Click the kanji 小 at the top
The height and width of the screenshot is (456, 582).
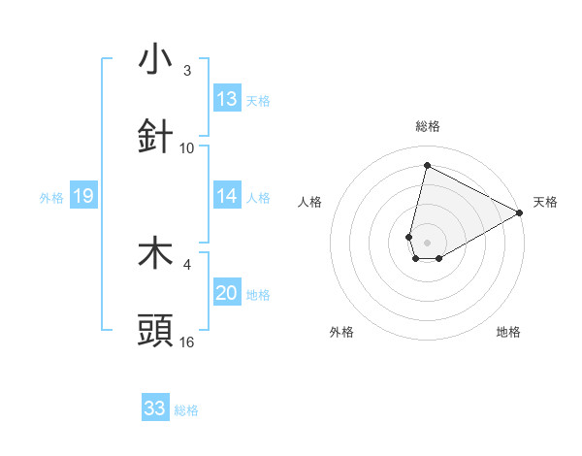tap(156, 60)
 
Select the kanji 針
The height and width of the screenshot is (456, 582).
tap(156, 137)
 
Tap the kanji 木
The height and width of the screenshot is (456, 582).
tap(156, 253)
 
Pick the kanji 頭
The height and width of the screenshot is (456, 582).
tap(156, 331)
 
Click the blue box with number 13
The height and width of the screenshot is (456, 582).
tap(227, 99)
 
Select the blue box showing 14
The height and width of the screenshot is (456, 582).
tap(227, 196)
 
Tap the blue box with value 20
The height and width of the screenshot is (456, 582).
tap(227, 293)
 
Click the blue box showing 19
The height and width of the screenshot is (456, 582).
tap(82, 196)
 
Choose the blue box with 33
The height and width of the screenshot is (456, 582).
tap(155, 408)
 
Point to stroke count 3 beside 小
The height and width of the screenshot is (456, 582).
tap(187, 71)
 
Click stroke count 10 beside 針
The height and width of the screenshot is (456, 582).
tap(187, 148)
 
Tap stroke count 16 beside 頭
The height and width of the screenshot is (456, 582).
tap(187, 342)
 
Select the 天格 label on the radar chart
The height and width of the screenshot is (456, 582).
tap(545, 202)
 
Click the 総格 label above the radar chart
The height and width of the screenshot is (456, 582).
tap(428, 126)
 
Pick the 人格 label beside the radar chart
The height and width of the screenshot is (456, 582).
tap(310, 202)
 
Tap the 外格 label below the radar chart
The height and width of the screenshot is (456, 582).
tap(341, 332)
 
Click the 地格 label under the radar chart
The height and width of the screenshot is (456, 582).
tap(509, 332)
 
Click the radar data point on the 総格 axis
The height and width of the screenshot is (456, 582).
tap(427, 164)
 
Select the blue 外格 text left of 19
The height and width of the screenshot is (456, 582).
tap(51, 197)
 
